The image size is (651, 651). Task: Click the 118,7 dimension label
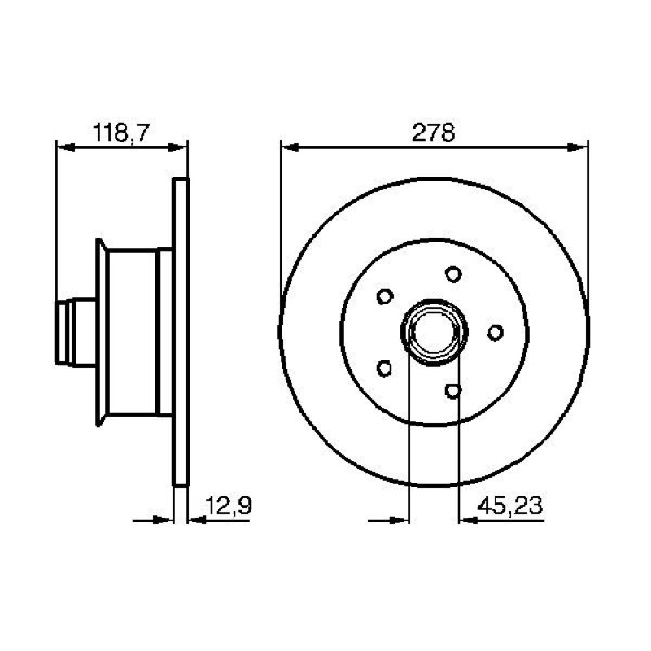point(120,133)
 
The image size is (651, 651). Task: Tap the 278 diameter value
point(434,133)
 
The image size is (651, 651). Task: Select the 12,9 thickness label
point(229,505)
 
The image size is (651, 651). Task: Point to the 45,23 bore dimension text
point(510,505)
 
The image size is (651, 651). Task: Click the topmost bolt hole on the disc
point(453,274)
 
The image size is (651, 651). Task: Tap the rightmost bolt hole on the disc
point(496,332)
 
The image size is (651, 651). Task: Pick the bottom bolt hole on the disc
point(453,391)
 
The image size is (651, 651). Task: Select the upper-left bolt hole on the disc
point(385,296)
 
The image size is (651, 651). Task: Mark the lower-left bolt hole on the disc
point(384,369)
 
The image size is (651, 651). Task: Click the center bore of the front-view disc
point(435,332)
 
